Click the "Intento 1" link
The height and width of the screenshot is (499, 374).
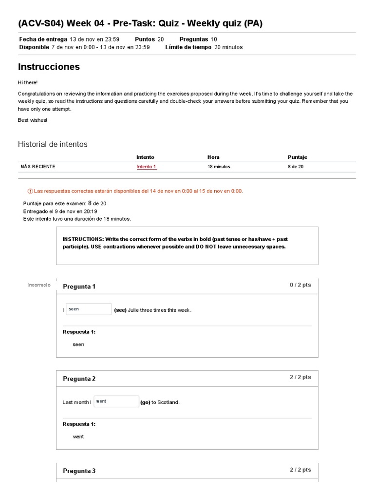click(x=147, y=167)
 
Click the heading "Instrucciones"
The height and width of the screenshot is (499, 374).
click(x=49, y=67)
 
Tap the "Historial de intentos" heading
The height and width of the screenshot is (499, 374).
click(x=53, y=144)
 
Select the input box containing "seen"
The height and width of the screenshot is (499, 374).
click(x=89, y=309)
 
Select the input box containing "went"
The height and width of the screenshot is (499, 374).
click(x=116, y=402)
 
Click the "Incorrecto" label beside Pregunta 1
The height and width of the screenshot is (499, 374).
click(x=39, y=285)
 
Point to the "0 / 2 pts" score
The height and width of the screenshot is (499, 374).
click(x=300, y=285)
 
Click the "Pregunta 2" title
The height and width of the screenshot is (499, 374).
click(x=79, y=379)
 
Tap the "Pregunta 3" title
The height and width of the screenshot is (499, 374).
click(x=79, y=471)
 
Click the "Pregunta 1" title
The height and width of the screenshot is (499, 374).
click(x=79, y=287)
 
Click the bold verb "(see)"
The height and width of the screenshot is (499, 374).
click(x=120, y=310)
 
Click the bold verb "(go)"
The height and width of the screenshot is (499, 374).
click(x=145, y=403)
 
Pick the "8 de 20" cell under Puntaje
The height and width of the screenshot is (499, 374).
click(x=296, y=167)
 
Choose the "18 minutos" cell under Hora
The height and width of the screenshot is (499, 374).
click(x=219, y=167)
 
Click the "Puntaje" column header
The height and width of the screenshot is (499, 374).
click(x=298, y=157)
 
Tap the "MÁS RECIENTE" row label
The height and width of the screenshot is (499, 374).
click(x=38, y=167)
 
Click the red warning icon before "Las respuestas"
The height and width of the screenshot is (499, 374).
click(x=30, y=191)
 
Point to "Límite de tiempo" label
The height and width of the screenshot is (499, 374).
click(x=188, y=47)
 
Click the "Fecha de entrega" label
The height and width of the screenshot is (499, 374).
click(x=43, y=39)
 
